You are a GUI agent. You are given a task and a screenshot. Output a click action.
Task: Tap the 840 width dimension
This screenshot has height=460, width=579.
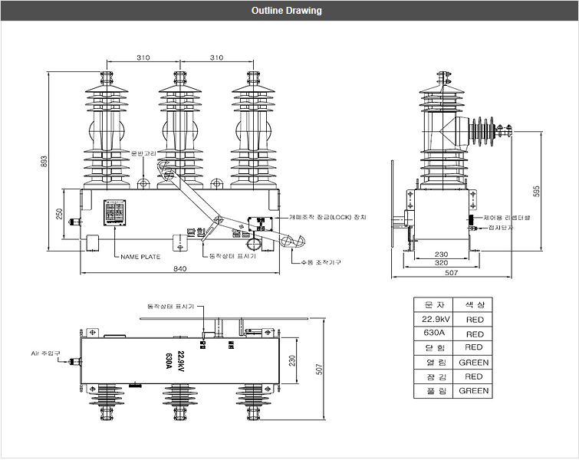[180, 268]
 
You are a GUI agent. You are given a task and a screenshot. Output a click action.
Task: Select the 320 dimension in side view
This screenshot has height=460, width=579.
[441, 263]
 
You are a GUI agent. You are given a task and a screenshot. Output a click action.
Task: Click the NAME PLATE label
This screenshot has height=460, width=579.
[140, 257]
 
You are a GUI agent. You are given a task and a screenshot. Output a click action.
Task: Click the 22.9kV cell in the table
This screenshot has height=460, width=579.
[433, 320]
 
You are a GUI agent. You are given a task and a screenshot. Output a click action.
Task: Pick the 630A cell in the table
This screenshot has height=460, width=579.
[433, 333]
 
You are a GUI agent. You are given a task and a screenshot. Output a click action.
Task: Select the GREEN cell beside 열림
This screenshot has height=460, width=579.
[474, 362]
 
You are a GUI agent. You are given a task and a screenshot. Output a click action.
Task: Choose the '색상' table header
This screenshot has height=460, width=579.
[474, 305]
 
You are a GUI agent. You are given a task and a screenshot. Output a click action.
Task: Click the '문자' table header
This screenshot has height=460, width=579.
[433, 305]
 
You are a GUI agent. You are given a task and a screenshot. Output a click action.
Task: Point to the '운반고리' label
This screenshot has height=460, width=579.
[143, 154]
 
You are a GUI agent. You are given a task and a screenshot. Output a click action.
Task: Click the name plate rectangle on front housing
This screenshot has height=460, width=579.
[114, 213]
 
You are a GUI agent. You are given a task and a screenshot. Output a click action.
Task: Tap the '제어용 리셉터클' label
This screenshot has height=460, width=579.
[508, 218]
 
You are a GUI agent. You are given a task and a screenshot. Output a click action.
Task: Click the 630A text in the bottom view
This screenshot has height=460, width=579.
[169, 360]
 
